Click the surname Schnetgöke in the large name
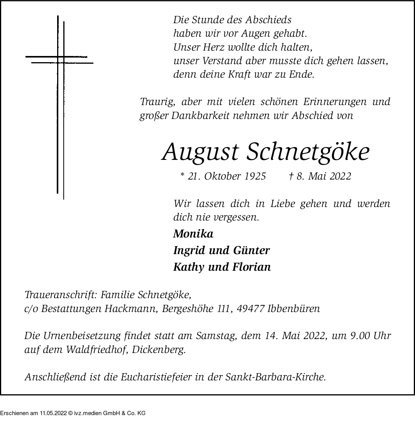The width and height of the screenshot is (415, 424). click(x=307, y=152)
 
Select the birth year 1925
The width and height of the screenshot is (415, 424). click(x=255, y=176)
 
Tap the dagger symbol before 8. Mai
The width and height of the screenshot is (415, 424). click(x=291, y=176)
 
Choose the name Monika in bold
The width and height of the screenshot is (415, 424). click(x=193, y=234)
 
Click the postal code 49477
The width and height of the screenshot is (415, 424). click(x=252, y=309)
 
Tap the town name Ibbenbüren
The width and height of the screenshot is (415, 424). click(x=294, y=309)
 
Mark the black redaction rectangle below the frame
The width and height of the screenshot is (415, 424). click(x=73, y=409)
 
